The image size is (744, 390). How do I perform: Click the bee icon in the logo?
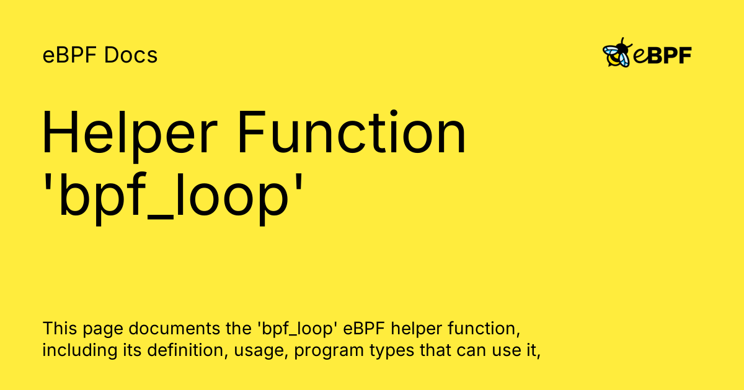(618, 53)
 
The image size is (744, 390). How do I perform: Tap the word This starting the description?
(60, 327)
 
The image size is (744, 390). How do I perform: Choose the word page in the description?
(100, 329)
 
